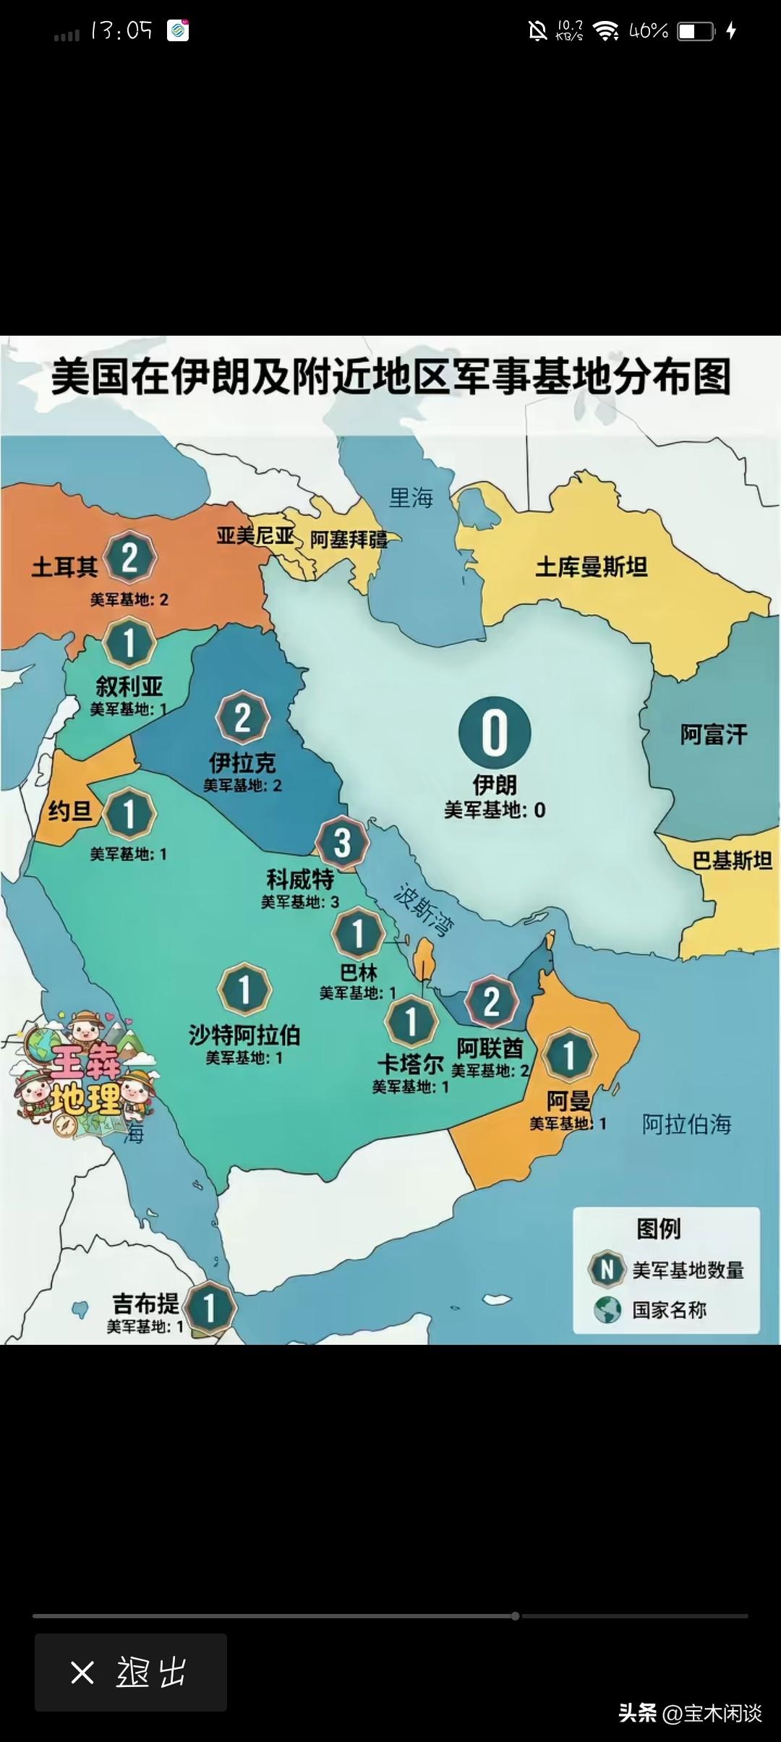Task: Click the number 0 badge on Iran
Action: pyautogui.click(x=495, y=732)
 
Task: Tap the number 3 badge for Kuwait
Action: pyautogui.click(x=342, y=842)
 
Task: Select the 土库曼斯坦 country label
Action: pyautogui.click(x=591, y=567)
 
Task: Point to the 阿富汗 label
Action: pyautogui.click(x=713, y=735)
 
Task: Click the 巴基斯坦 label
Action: pyautogui.click(x=732, y=861)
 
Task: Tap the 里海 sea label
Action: pyautogui.click(x=411, y=498)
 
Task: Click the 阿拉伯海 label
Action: pyautogui.click(x=686, y=1123)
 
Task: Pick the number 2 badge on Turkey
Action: pyautogui.click(x=129, y=558)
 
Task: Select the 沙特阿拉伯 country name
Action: pyautogui.click(x=244, y=1035)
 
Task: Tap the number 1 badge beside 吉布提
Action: pyautogui.click(x=209, y=1308)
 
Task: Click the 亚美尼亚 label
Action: pyautogui.click(x=255, y=536)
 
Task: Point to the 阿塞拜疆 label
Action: pyautogui.click(x=349, y=540)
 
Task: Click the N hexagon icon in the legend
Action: pyautogui.click(x=607, y=1269)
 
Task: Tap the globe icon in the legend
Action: pyautogui.click(x=607, y=1309)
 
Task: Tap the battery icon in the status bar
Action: pyautogui.click(x=696, y=31)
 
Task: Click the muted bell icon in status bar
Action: pyautogui.click(x=537, y=30)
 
